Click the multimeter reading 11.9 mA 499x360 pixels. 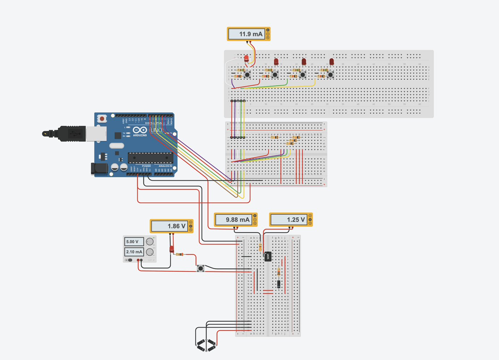click(x=248, y=34)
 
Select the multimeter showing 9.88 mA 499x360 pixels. click(x=236, y=220)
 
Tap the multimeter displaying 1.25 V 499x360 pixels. click(x=291, y=220)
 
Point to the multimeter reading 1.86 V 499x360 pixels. click(x=171, y=226)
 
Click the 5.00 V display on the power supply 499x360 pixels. click(x=133, y=241)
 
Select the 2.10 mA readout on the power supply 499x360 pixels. click(x=133, y=252)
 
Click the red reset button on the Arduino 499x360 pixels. click(x=102, y=119)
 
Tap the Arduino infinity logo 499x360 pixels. click(x=139, y=130)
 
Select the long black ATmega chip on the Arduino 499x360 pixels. click(x=150, y=158)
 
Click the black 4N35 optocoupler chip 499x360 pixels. click(x=268, y=257)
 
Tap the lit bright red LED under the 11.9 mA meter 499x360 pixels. click(x=247, y=58)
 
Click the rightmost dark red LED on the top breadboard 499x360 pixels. click(x=332, y=62)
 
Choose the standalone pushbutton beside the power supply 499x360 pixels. click(x=200, y=268)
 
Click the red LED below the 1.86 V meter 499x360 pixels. click(x=172, y=249)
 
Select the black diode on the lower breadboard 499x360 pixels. click(x=279, y=284)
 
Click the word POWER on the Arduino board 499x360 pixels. click(x=146, y=166)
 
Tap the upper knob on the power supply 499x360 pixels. click(x=150, y=242)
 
